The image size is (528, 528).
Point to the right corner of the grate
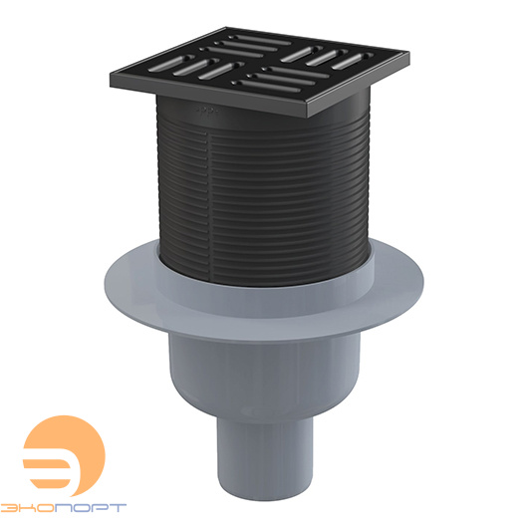[x=408, y=54]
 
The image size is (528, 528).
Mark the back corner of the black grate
[x=225, y=28]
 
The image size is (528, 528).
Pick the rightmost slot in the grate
[x=353, y=61]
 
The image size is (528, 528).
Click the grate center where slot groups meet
[x=257, y=63]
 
